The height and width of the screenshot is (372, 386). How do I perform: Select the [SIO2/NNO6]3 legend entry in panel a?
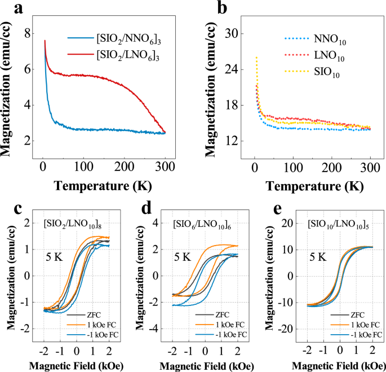tap(125, 38)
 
